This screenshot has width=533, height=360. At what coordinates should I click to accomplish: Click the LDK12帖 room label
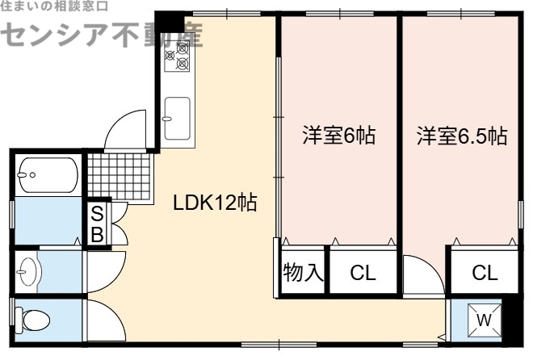tap(215, 203)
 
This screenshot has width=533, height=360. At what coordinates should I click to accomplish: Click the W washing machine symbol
tap(484, 320)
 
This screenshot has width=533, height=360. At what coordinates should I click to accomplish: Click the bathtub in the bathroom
tap(48, 173)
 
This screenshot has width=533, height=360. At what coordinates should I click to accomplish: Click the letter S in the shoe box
tap(96, 214)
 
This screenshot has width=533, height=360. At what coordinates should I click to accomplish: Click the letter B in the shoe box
tap(96, 233)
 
